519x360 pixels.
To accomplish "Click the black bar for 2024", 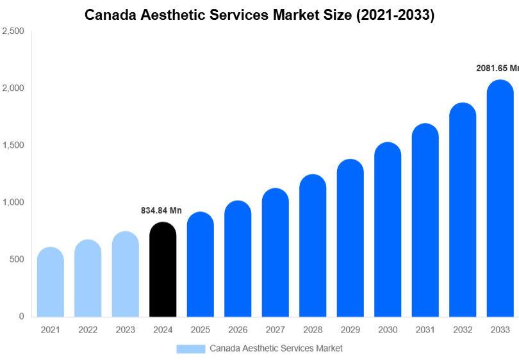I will (x=163, y=270).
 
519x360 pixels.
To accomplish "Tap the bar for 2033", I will (x=500, y=199).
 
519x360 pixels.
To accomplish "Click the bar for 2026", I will (x=238, y=259).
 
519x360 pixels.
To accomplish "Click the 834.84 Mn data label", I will (x=161, y=211).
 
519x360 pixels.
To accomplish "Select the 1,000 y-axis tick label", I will (x=13, y=202).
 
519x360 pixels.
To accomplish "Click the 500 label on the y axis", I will (x=16, y=259).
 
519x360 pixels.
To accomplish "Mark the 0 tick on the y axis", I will (x=21, y=316).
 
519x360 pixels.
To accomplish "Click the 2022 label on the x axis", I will (x=88, y=330).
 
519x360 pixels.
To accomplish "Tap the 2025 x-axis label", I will (x=200, y=330).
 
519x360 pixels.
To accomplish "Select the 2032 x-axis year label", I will (x=463, y=330).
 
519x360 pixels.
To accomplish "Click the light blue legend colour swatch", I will (x=190, y=348).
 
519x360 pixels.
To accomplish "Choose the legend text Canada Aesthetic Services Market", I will (x=276, y=348).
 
